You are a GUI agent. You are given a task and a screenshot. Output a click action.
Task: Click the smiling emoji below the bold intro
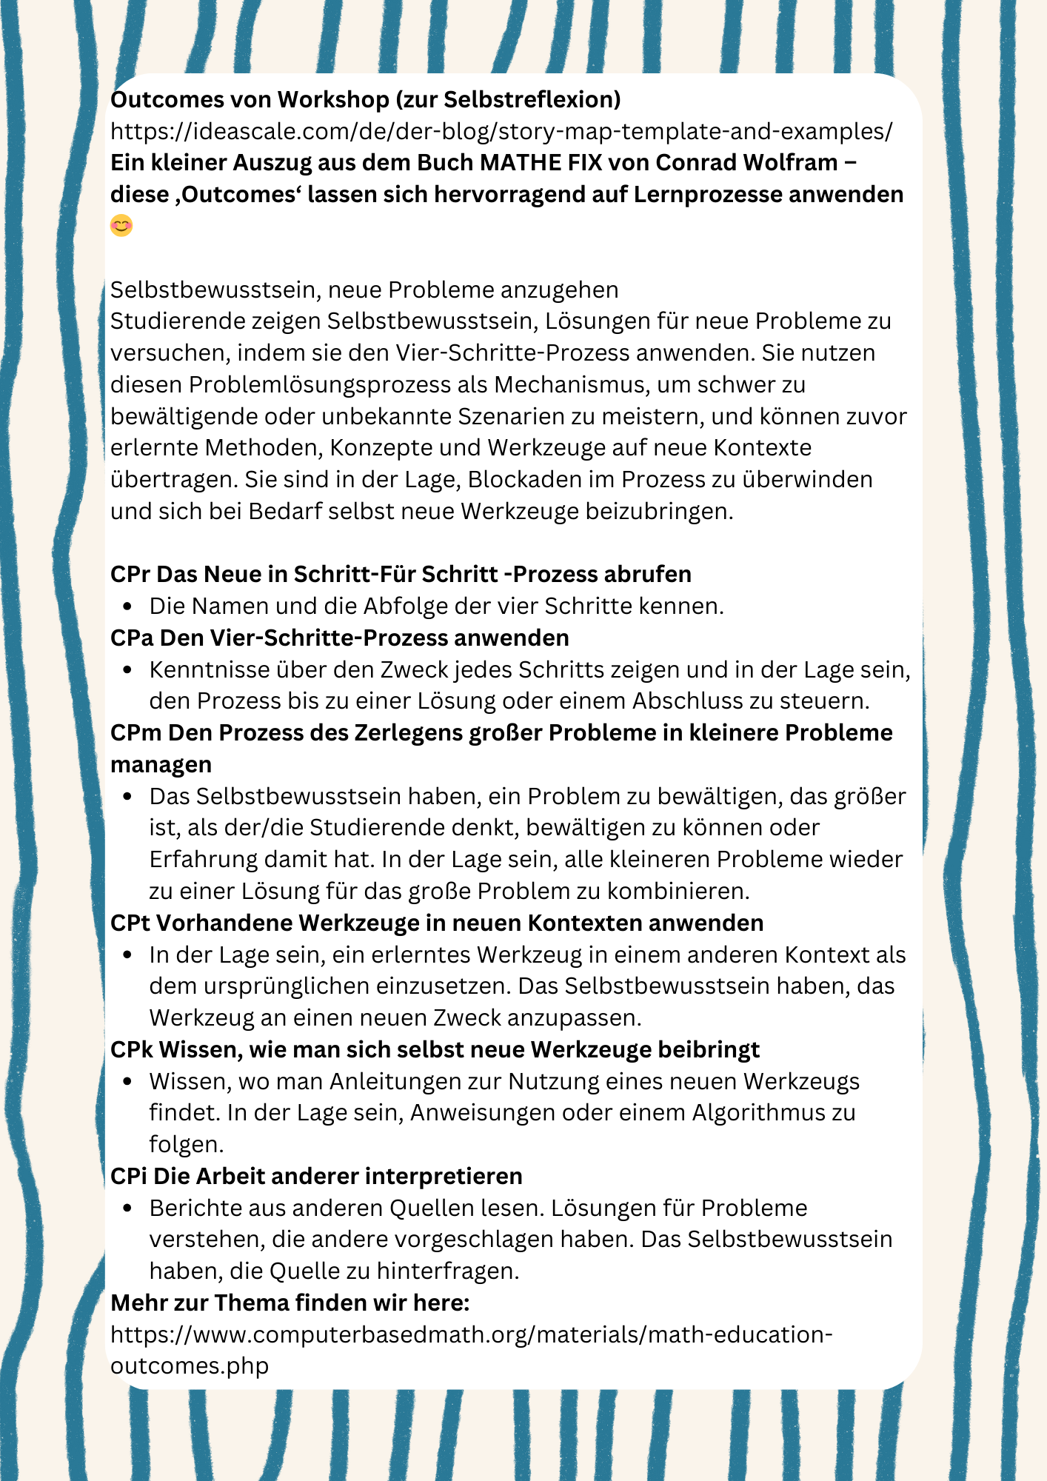coord(121,226)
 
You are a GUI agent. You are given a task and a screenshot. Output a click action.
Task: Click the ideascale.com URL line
coord(501,131)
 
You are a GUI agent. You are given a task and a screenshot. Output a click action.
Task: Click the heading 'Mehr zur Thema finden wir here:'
coord(290,1303)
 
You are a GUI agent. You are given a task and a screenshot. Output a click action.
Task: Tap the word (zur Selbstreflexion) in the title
coord(509,99)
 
